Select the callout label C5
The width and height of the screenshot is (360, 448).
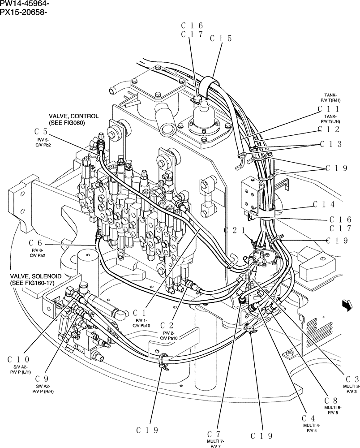(x=41, y=132)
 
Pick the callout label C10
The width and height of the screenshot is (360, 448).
(x=19, y=359)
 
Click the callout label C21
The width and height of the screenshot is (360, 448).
(x=235, y=231)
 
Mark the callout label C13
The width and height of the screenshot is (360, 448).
(x=331, y=144)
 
